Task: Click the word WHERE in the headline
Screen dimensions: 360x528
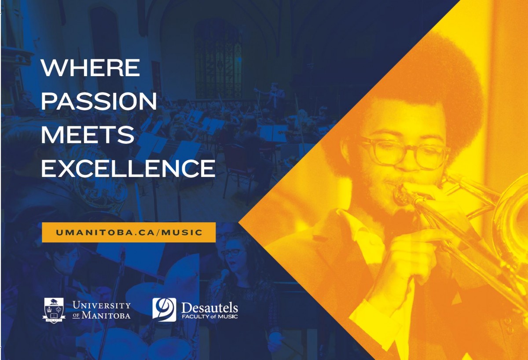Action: (90, 68)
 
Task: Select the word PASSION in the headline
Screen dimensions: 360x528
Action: (99, 102)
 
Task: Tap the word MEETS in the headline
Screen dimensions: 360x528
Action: (87, 135)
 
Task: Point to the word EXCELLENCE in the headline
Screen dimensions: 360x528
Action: (128, 168)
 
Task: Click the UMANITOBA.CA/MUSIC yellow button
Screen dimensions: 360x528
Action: (129, 232)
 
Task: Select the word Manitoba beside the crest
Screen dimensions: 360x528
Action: (106, 316)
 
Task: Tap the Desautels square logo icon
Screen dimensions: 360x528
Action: (164, 309)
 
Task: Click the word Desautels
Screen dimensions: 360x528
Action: (209, 307)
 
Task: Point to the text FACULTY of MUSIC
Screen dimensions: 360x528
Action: (209, 317)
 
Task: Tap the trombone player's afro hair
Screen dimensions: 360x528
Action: (422, 79)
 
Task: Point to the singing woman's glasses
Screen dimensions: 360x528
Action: (232, 253)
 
